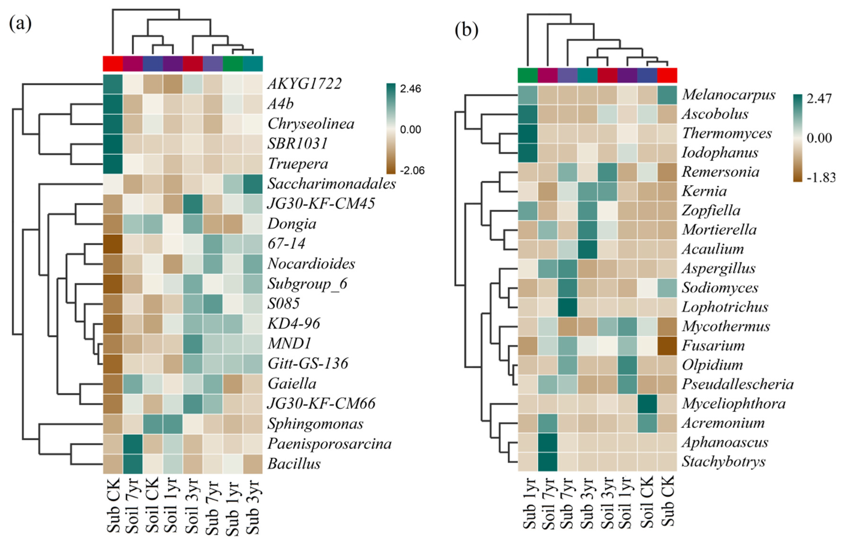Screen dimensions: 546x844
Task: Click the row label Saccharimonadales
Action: pyautogui.click(x=331, y=184)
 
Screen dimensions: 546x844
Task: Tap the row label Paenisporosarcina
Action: pyautogui.click(x=329, y=443)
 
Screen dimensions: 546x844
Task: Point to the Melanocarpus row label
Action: pyautogui.click(x=728, y=95)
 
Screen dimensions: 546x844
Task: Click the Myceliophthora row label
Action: pyautogui.click(x=733, y=403)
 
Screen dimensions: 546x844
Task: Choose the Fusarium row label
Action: pyautogui.click(x=713, y=345)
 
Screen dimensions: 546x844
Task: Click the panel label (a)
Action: pyautogui.click(x=20, y=24)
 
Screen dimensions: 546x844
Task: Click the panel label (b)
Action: pyautogui.click(x=466, y=30)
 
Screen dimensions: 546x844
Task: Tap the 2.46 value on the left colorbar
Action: pyautogui.click(x=411, y=89)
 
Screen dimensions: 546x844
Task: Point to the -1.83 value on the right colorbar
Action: pyautogui.click(x=821, y=177)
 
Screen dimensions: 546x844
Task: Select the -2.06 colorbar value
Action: pyautogui.click(x=412, y=171)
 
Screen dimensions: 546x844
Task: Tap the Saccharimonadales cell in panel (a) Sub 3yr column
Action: pyautogui.click(x=253, y=184)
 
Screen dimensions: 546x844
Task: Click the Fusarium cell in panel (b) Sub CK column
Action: pyautogui.click(x=667, y=346)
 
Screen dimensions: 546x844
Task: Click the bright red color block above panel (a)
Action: pyautogui.click(x=113, y=64)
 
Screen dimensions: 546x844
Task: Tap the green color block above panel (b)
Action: pyautogui.click(x=527, y=75)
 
